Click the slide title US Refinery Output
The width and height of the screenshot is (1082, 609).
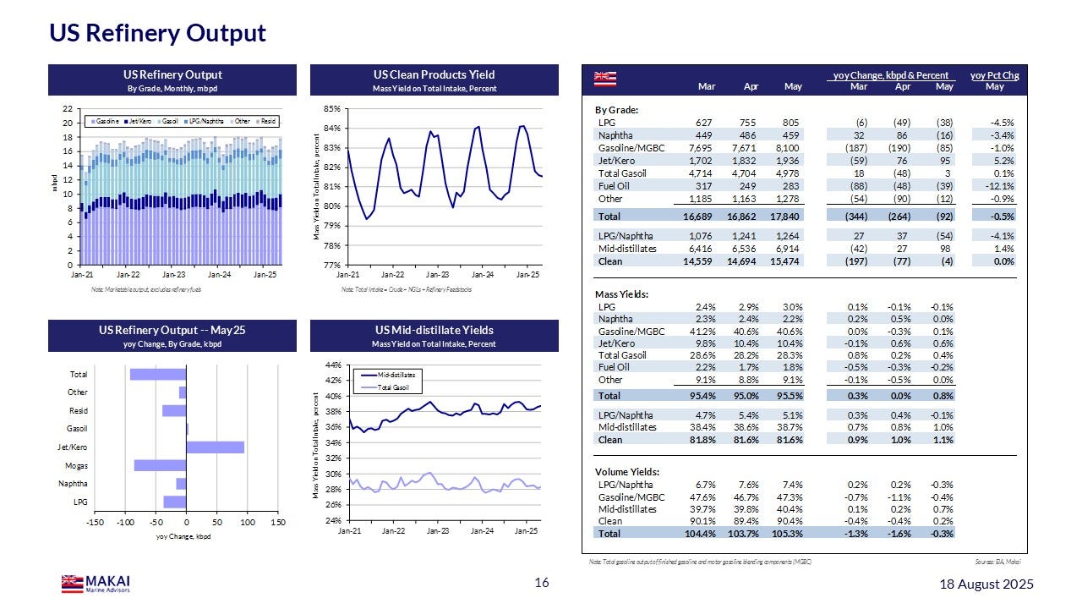[157, 33]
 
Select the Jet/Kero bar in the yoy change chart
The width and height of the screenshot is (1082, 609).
[215, 447]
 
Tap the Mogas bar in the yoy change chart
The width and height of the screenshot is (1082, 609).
[160, 465]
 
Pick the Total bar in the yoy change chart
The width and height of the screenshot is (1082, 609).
[158, 374]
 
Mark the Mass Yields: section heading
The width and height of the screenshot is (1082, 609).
[623, 294]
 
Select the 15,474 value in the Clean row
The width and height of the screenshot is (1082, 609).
[784, 261]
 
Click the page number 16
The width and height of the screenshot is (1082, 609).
[542, 583]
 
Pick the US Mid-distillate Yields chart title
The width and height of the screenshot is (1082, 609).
[434, 330]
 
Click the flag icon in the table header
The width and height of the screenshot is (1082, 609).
[604, 80]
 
